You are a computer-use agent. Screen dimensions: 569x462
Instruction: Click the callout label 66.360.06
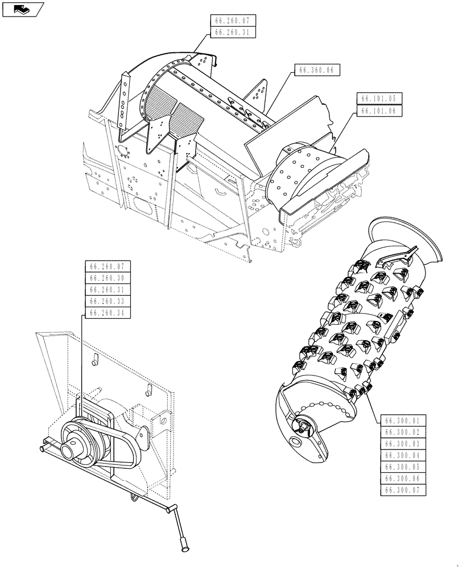[317, 70]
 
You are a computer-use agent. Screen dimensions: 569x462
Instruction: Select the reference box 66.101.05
[379, 97]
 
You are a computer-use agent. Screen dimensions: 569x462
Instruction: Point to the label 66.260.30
[107, 278]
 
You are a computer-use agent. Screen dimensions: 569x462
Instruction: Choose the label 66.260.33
[107, 301]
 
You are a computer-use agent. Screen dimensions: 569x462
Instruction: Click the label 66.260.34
[107, 312]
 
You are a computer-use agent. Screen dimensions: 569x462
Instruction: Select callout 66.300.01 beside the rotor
[402, 421]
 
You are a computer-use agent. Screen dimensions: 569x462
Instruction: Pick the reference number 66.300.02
[402, 432]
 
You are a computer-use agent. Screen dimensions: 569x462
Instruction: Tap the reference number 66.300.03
[402, 444]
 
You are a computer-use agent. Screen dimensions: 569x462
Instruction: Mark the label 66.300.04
[402, 455]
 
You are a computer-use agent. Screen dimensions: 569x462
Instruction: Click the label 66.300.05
[402, 467]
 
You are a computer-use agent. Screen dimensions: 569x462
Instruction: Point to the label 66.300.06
[402, 478]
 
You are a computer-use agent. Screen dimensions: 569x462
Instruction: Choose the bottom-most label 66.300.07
[402, 489]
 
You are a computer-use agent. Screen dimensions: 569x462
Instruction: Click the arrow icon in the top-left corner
[23, 9]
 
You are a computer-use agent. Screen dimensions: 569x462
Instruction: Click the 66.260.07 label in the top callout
[233, 21]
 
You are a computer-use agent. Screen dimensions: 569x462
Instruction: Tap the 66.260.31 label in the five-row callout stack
[107, 290]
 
